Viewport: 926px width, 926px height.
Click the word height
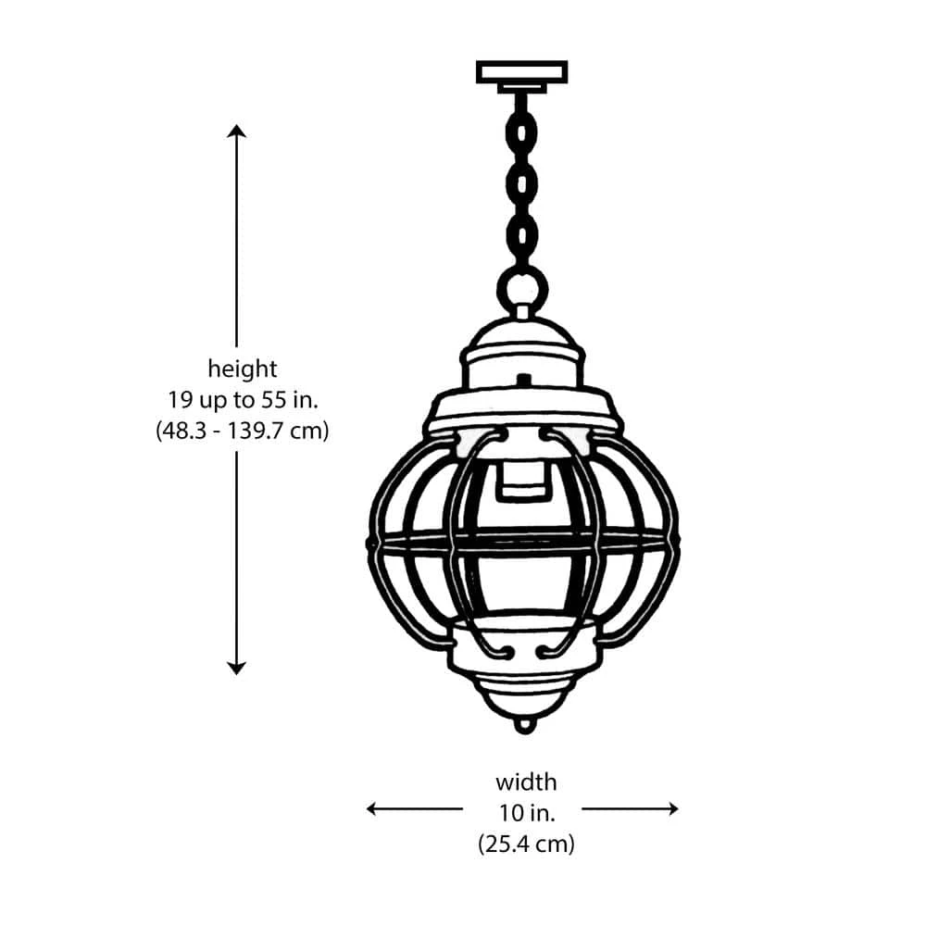242,369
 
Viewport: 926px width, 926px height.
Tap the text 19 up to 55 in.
242,400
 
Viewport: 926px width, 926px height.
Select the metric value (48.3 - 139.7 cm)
242,431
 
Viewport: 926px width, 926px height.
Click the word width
526,782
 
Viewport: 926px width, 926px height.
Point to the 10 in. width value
526,813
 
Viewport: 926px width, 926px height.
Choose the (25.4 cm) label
526,844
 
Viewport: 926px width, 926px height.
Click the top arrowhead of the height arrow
237,131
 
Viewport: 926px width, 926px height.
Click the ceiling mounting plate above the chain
521,72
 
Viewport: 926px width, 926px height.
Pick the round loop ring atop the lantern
522,288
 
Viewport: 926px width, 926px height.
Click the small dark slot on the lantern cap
524,380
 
